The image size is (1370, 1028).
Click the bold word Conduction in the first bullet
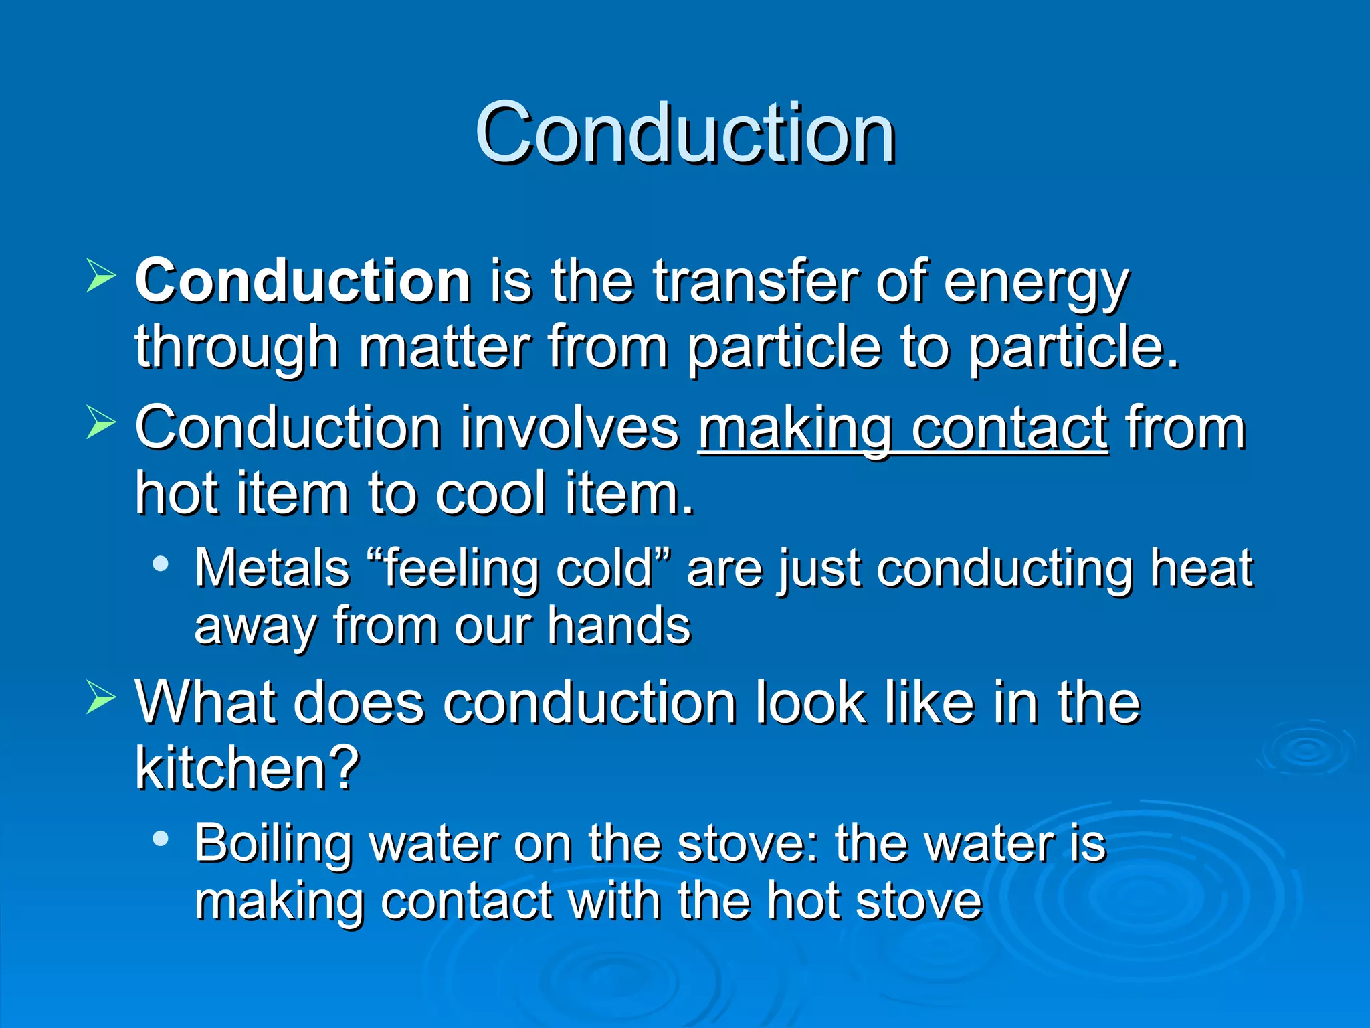pos(303,281)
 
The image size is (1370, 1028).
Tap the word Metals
pos(272,568)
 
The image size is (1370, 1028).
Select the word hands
pos(619,626)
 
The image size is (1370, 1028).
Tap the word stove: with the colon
pos(749,843)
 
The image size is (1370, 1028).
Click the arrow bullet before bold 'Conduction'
pos(101,276)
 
